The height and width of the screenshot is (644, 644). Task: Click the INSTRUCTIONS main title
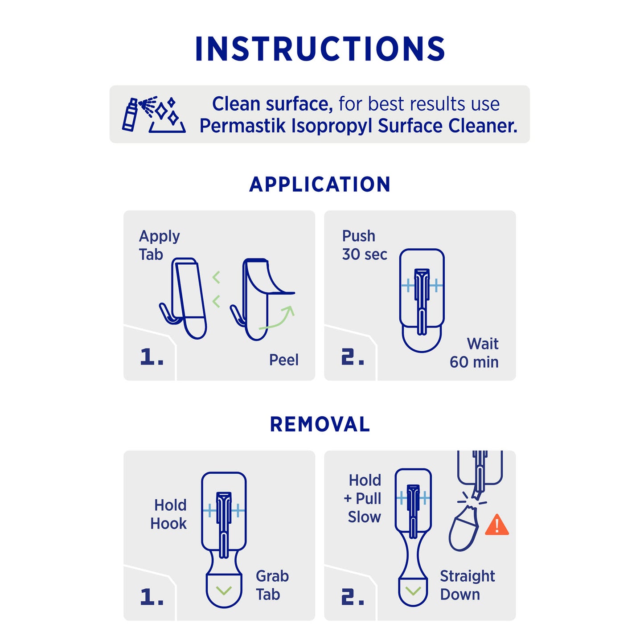320,49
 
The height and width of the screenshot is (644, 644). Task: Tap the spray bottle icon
130,114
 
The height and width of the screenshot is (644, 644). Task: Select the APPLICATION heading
320,184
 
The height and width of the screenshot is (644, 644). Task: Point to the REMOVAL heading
320,424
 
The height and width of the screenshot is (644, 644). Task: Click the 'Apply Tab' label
159,245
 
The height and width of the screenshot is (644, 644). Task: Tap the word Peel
284,360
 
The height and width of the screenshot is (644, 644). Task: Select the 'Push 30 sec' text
364,245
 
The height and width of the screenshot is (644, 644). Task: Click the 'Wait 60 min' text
474,353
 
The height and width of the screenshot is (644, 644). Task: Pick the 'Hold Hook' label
168,514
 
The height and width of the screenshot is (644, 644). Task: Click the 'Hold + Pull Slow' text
363,499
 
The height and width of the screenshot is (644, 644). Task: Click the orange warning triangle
497,525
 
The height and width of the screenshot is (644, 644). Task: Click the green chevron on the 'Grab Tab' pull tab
224,591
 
